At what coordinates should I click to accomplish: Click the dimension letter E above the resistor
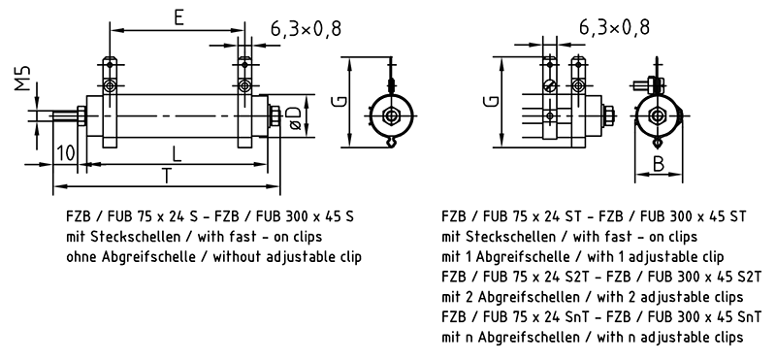(178, 17)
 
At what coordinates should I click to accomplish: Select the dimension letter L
(177, 154)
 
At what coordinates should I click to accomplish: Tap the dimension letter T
(168, 176)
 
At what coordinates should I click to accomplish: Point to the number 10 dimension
(66, 152)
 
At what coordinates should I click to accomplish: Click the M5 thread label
(22, 78)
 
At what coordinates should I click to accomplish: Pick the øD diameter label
(295, 118)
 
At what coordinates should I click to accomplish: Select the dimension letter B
(659, 164)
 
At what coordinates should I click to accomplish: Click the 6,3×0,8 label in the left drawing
(306, 29)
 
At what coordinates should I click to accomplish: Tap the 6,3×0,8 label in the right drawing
(614, 27)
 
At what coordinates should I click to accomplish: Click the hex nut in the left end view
(392, 116)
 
